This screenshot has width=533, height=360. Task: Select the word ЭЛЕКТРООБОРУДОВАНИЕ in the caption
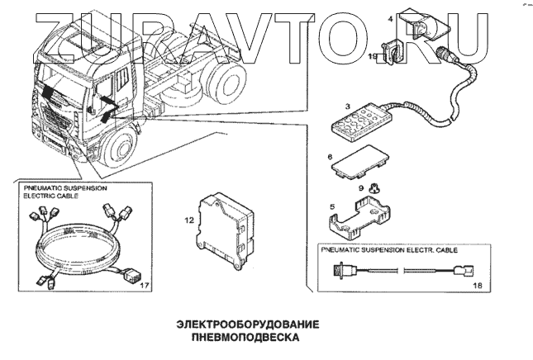pos(236,324)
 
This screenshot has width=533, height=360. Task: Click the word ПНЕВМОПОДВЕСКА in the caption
pos(236,338)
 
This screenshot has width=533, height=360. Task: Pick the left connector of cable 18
pos(343,269)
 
